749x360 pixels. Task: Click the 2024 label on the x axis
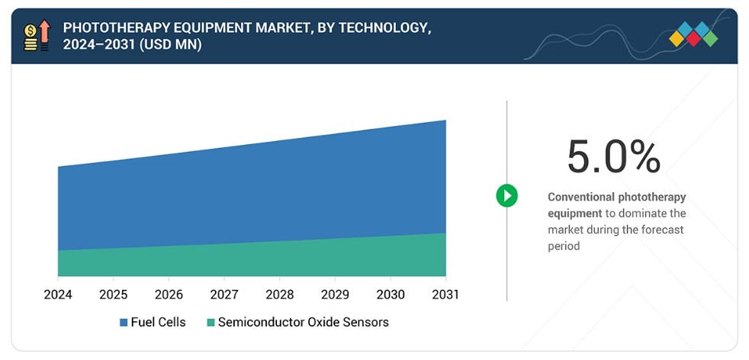[58, 294]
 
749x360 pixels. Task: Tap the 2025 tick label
[113, 294]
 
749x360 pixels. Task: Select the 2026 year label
[169, 294]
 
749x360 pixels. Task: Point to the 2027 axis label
[224, 294]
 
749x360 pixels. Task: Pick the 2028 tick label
[279, 294]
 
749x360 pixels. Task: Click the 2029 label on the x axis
[335, 294]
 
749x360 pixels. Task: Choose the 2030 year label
[391, 294]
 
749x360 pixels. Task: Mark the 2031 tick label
[445, 294]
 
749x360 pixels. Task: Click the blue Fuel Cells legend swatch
[124, 323]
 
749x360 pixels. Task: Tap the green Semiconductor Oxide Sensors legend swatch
[211, 323]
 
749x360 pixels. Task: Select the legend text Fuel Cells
[158, 323]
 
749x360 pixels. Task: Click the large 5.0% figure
[614, 157]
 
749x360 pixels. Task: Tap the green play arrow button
[506, 196]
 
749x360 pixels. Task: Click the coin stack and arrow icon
[37, 35]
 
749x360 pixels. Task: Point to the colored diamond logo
[693, 34]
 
